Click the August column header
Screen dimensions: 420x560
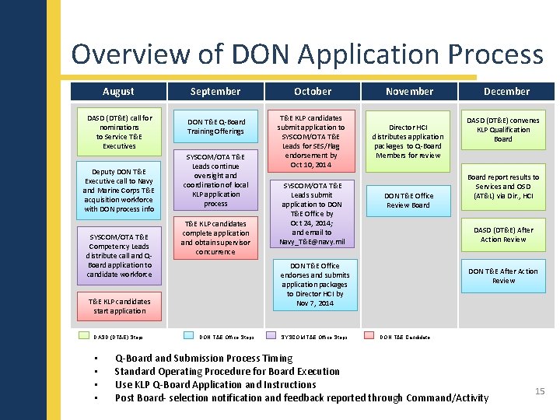pos(118,91)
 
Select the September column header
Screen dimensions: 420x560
pos(215,91)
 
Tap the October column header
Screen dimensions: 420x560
pos(313,91)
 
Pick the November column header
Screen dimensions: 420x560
pos(410,91)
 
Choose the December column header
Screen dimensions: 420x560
pos(506,91)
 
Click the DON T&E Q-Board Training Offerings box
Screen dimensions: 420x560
pos(215,127)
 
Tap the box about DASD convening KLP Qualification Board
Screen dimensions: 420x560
pos(502,130)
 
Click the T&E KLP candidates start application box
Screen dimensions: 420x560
pos(120,306)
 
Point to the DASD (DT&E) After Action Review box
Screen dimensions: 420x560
pos(503,235)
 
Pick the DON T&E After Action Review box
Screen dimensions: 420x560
pos(503,276)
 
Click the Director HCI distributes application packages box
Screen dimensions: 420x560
pos(409,141)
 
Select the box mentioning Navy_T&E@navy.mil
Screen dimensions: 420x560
pos(313,214)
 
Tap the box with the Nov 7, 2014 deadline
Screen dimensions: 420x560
pos(315,285)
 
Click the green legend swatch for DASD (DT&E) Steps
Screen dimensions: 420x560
pos(85,336)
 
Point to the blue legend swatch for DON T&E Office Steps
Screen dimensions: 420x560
pos(188,336)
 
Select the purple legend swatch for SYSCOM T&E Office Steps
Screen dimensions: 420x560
pos(271,336)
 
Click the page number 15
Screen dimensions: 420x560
pos(540,391)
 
